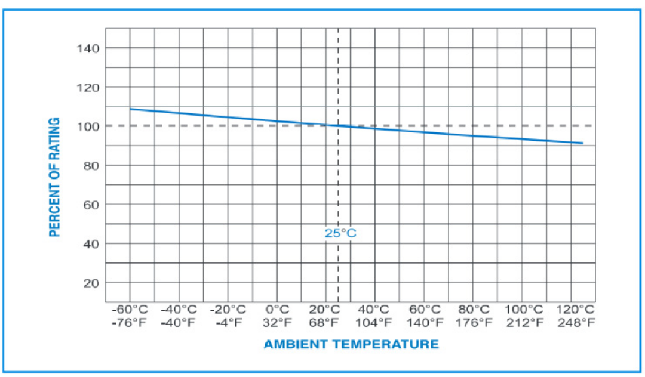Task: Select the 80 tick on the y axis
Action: tap(91, 166)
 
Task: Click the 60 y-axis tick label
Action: tap(91, 205)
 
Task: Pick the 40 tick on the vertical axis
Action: tap(91, 244)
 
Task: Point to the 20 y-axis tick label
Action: tap(91, 283)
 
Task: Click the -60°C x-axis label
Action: tap(130, 310)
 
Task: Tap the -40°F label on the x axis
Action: tap(179, 323)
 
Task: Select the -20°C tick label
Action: tap(228, 310)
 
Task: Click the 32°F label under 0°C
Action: tap(277, 323)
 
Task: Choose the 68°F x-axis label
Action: tap(325, 323)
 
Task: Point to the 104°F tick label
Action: tap(374, 323)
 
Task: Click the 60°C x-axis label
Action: tap(424, 310)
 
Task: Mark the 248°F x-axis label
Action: tap(576, 323)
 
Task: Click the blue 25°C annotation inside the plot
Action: tap(340, 233)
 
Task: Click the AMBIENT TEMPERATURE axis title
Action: tap(351, 344)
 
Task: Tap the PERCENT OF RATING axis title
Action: tap(55, 177)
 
